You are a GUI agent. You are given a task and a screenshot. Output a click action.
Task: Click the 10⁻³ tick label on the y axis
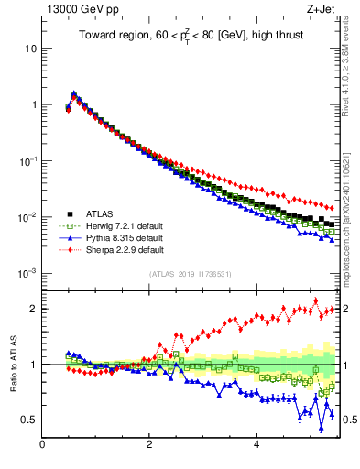pos(27,273)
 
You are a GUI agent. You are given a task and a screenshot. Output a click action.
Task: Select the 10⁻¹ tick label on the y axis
pos(27,160)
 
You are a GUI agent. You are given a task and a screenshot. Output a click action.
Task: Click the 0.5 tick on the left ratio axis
pos(29,420)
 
